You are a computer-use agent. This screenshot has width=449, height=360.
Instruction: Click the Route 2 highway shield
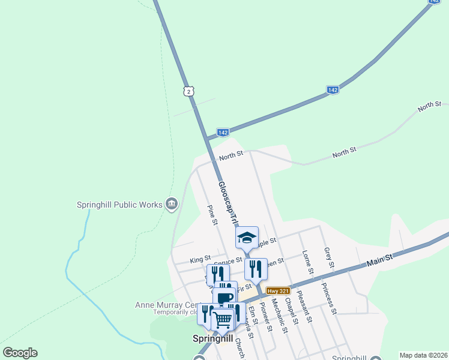[x=188, y=91]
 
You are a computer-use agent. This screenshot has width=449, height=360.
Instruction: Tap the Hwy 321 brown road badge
[x=279, y=290]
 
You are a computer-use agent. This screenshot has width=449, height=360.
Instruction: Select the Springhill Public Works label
[x=119, y=205]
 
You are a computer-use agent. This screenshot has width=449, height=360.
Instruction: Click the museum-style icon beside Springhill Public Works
[x=172, y=205]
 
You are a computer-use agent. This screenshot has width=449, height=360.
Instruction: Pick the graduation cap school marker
[x=246, y=238]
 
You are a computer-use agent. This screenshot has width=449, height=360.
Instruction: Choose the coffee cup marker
[x=225, y=298]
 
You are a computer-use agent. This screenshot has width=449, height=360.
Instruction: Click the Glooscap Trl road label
[x=229, y=204]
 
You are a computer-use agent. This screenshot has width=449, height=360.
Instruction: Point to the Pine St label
[x=211, y=215]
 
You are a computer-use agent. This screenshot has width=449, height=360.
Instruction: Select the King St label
[x=197, y=259]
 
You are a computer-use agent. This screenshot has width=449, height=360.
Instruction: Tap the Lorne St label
[x=309, y=262]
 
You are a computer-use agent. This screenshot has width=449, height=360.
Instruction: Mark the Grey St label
[x=328, y=257]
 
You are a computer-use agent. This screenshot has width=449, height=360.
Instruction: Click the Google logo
[x=20, y=353]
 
